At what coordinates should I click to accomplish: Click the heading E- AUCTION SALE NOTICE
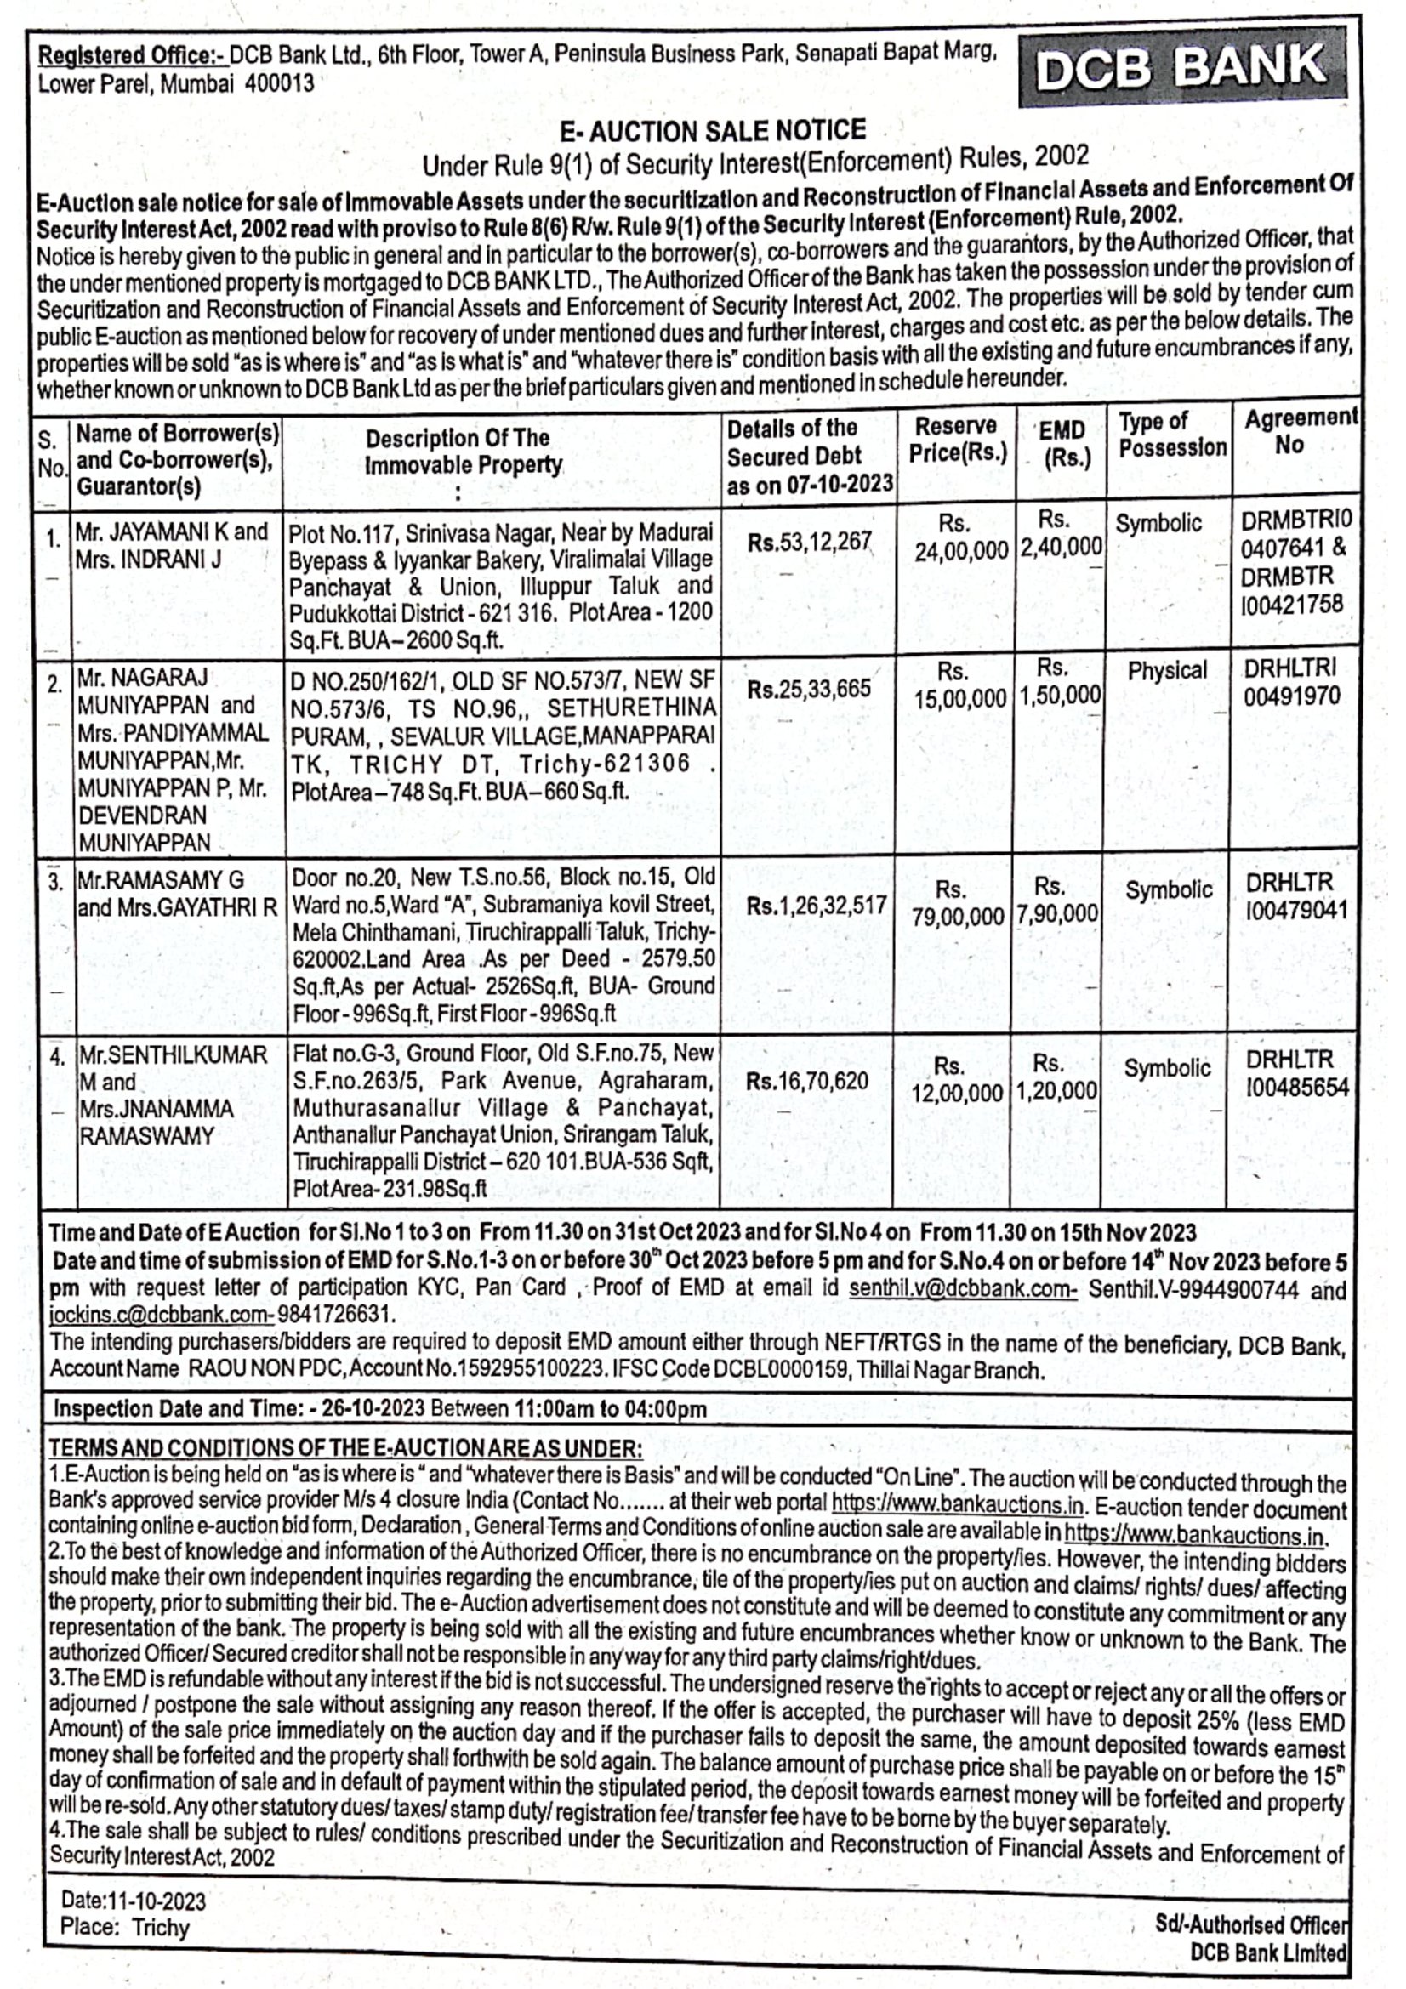(712, 132)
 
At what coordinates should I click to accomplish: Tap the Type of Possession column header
(1171, 435)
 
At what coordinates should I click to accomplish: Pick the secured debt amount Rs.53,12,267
(809, 543)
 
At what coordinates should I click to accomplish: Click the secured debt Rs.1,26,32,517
(816, 906)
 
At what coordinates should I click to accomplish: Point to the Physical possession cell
(1166, 670)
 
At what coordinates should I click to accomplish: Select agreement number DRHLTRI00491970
(1291, 683)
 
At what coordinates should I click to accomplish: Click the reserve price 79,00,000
(956, 916)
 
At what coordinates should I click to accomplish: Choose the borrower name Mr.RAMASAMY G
(161, 881)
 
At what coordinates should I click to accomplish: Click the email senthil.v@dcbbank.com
(962, 1288)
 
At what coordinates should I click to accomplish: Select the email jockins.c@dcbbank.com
(161, 1315)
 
